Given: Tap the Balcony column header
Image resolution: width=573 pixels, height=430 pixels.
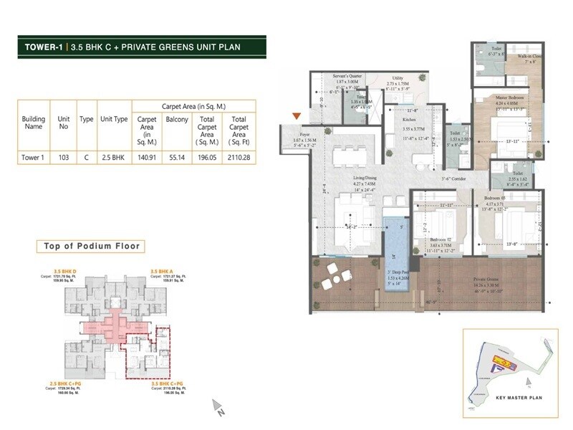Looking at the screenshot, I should pyautogui.click(x=177, y=120).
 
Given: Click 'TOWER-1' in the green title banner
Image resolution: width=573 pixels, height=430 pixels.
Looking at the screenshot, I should pyautogui.click(x=45, y=49).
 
